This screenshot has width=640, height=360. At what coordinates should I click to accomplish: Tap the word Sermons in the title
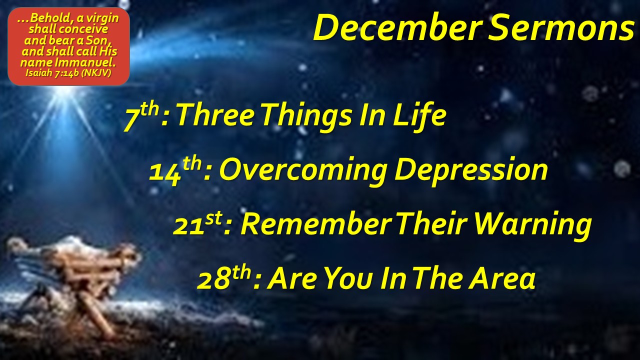point(561,27)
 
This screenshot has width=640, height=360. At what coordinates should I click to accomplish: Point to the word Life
point(418,115)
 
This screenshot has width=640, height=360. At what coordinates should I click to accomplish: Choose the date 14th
point(176,170)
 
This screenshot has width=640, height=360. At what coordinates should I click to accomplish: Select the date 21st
point(197,224)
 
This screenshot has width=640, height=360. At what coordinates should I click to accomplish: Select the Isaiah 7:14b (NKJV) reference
point(68,73)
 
